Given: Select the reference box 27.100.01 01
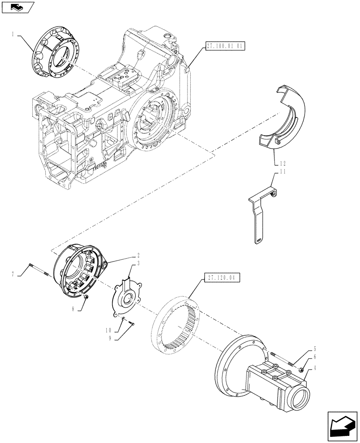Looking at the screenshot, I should [225, 46].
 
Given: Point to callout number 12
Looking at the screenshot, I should [284, 163].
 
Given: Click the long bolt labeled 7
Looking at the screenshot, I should [39, 269].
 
